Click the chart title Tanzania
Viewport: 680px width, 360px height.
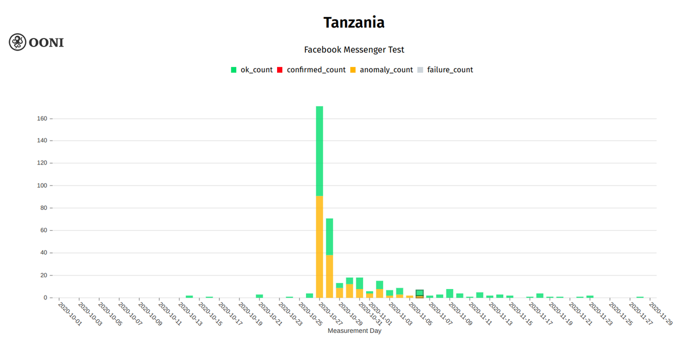tap(354, 23)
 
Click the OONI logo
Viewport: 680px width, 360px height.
tap(36, 42)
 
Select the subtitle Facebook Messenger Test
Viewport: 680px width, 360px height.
tap(354, 50)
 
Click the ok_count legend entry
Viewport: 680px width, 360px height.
tap(252, 70)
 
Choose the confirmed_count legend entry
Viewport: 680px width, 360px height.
tap(311, 70)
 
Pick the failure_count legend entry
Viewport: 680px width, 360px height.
tap(444, 70)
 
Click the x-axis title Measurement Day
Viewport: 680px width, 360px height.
tap(354, 331)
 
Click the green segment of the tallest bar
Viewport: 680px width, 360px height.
tap(320, 150)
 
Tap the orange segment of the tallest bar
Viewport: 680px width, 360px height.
tap(320, 247)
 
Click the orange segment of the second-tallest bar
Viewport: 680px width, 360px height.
tap(329, 276)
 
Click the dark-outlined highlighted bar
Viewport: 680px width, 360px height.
tap(419, 293)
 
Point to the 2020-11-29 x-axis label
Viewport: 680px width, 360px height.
tap(661, 314)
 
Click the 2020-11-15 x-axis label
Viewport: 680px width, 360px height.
tap(521, 314)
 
